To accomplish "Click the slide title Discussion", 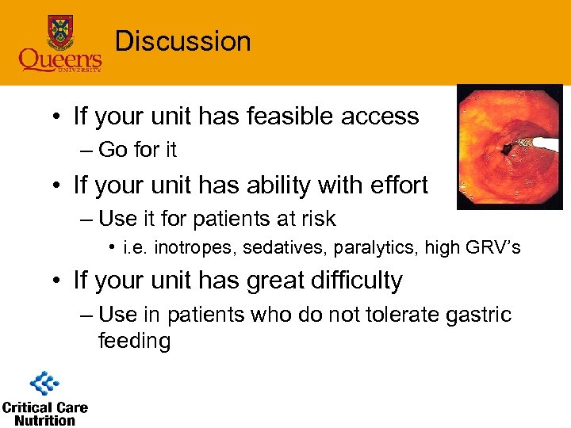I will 182,41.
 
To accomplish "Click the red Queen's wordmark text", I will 60,59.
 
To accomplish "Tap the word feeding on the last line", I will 134,342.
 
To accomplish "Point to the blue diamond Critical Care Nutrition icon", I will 45,384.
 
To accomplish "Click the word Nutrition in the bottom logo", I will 45,420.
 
